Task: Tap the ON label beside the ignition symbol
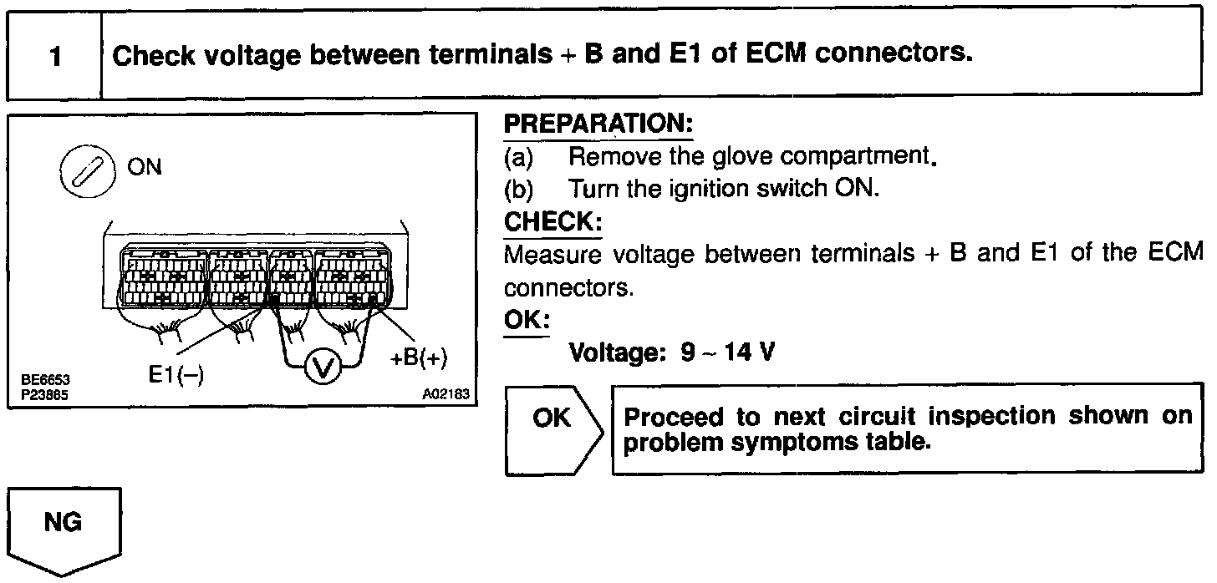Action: point(145,167)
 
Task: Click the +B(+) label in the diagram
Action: point(419,359)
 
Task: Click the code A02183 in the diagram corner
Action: point(449,393)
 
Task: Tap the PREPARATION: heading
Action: point(598,124)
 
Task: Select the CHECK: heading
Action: point(552,222)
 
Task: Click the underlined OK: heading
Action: point(527,321)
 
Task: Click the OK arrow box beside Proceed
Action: point(554,429)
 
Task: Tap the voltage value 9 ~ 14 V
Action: point(727,352)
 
